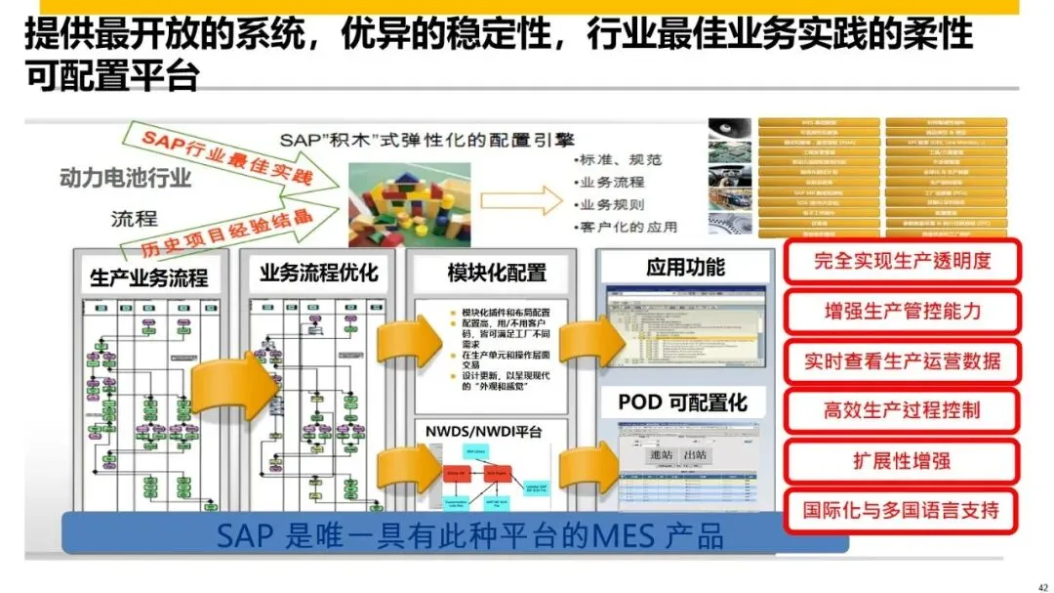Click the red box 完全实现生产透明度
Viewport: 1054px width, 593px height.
click(902, 261)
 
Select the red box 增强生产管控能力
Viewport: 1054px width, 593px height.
click(902, 312)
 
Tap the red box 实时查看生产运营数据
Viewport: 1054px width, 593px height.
click(902, 361)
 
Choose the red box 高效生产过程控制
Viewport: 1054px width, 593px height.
click(902, 410)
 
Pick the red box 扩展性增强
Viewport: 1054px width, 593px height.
click(902, 460)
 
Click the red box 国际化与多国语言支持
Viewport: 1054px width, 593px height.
click(902, 510)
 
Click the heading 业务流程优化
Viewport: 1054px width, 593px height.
click(318, 273)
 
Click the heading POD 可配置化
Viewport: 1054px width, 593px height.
click(682, 402)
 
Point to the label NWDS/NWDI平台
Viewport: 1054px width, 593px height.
click(483, 431)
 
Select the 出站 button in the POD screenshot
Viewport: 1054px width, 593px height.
click(697, 456)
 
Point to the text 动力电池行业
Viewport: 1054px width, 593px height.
click(125, 178)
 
